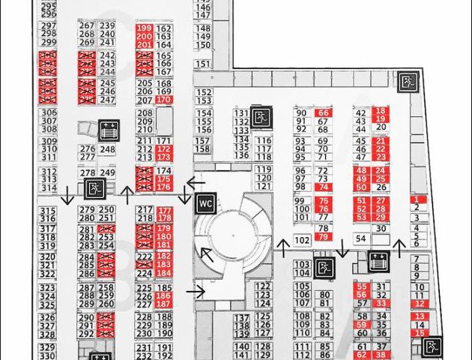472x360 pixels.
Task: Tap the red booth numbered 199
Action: click(145, 28)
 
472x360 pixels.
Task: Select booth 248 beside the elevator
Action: click(107, 150)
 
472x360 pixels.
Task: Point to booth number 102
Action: click(302, 240)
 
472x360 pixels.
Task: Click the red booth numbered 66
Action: click(324, 112)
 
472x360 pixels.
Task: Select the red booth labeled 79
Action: click(323, 237)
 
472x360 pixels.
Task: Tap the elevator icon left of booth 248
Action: click(109, 129)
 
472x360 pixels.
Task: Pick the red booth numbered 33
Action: click(381, 304)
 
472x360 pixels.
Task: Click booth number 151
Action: click(203, 44)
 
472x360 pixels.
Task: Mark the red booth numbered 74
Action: click(324, 187)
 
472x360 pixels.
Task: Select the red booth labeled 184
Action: click(163, 274)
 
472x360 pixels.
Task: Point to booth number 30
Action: click(381, 228)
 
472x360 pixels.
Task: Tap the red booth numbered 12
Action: click(420, 304)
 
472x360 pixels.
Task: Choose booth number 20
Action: click(381, 128)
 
